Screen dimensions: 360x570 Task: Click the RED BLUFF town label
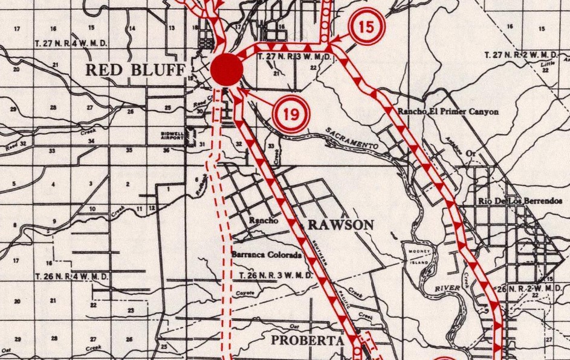(x=134, y=69)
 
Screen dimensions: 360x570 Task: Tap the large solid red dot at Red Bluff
(x=227, y=68)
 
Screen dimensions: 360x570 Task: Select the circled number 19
(x=291, y=113)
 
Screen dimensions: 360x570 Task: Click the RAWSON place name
(x=341, y=225)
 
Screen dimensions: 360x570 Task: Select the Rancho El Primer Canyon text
(x=448, y=112)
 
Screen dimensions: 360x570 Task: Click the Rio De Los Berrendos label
(x=519, y=201)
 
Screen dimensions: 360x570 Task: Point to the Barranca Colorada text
(x=267, y=255)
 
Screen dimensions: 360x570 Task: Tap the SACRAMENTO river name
(x=352, y=139)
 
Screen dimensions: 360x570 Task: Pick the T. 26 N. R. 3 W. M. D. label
(x=275, y=276)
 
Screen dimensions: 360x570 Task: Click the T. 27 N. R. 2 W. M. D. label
(x=524, y=55)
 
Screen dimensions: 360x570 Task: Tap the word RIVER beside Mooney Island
(x=447, y=289)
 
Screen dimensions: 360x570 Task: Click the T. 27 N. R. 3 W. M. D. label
(x=295, y=57)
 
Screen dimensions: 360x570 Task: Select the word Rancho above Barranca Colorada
(x=263, y=220)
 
